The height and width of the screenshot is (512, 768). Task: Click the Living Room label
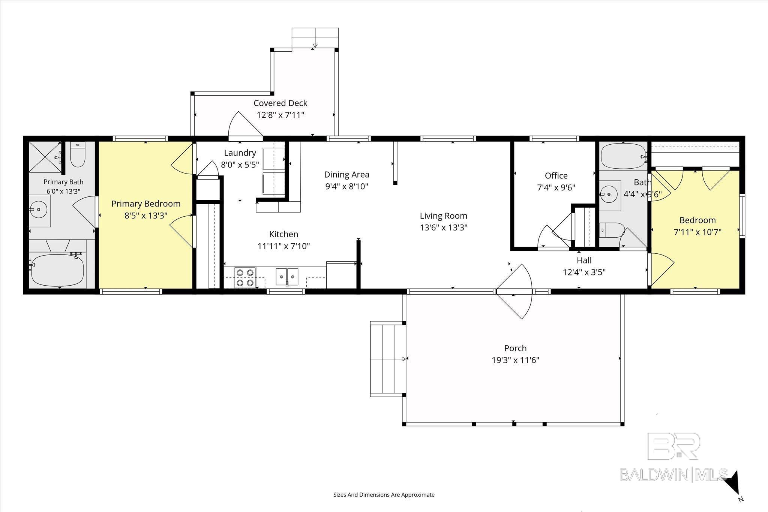pyautogui.click(x=443, y=216)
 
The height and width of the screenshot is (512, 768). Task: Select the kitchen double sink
pyautogui.click(x=287, y=277)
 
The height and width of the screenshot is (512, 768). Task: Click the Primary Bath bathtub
pyautogui.click(x=57, y=269)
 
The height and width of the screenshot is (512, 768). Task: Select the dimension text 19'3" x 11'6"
pyautogui.click(x=516, y=360)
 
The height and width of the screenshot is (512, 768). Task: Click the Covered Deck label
pyautogui.click(x=280, y=103)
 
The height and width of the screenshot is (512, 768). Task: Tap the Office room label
pyautogui.click(x=556, y=175)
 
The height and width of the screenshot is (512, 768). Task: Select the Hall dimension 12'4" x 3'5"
pyautogui.click(x=584, y=272)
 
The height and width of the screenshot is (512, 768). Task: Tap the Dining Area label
pyautogui.click(x=347, y=174)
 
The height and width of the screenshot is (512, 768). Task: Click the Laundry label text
pyautogui.click(x=240, y=153)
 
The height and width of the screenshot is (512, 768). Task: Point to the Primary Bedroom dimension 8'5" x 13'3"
pyautogui.click(x=146, y=216)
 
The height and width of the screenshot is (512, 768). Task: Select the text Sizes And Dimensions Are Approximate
pyautogui.click(x=384, y=495)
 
